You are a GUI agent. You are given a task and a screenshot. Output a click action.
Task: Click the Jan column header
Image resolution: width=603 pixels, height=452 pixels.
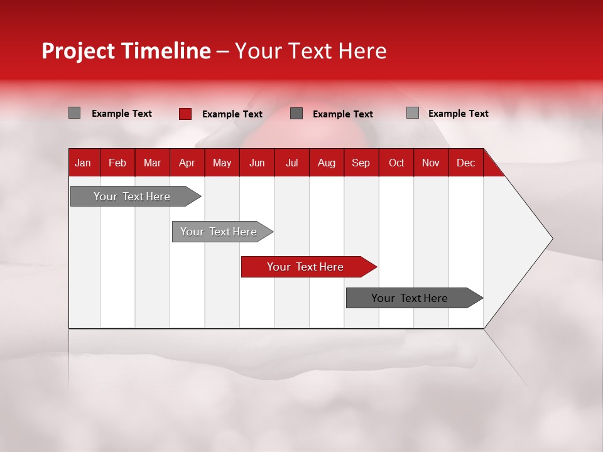point(83,163)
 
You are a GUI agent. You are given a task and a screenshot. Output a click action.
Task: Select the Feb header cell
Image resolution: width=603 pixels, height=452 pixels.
point(117,163)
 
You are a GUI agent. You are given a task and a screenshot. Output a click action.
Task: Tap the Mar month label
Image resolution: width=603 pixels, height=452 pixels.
point(152,163)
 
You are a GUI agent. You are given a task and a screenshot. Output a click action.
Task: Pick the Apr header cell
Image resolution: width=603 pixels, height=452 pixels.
point(187,163)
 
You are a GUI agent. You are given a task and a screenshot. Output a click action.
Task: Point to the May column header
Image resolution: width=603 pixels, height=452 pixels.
point(222,163)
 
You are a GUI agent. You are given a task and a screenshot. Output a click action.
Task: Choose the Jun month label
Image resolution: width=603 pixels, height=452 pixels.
point(257,163)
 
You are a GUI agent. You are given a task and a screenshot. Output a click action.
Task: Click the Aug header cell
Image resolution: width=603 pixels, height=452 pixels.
point(327,163)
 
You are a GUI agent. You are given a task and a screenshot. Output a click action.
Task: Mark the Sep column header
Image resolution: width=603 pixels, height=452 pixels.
point(361,163)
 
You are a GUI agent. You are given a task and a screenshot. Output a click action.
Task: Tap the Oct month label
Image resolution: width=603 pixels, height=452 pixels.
point(396,163)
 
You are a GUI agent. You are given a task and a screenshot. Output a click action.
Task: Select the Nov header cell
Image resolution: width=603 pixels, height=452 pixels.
point(431,163)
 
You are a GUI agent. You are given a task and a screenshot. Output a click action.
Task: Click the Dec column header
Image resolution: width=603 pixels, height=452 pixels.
point(465,163)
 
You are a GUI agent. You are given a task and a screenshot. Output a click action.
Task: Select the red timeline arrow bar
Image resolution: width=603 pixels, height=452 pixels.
point(306,267)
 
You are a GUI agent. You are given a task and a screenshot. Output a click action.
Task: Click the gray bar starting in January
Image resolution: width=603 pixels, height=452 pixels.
point(133,196)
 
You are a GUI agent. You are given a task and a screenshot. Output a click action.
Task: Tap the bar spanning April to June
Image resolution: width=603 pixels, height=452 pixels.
point(219,232)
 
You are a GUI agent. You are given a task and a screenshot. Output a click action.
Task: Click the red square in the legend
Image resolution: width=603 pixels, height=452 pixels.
point(185,114)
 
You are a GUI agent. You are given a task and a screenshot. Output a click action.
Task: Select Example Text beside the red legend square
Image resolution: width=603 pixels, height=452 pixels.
point(232,114)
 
